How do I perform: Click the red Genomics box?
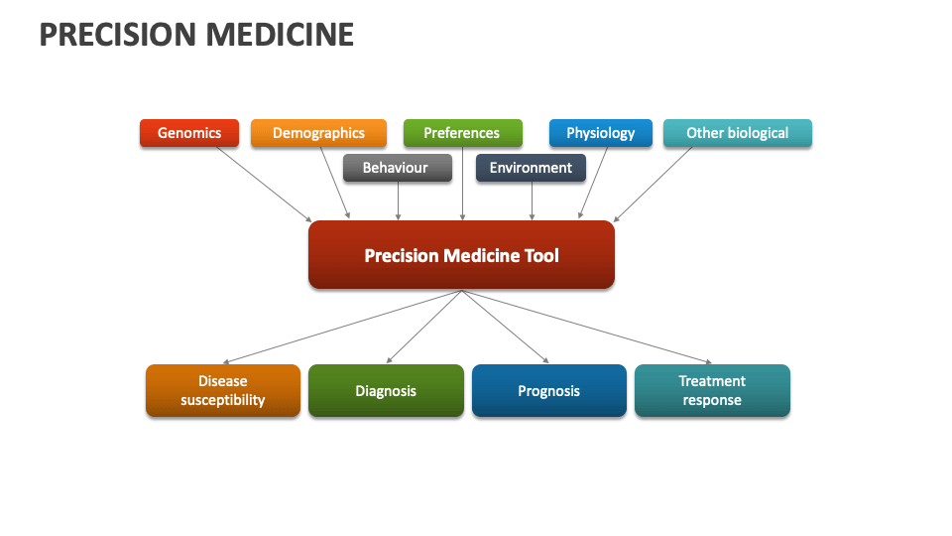[x=189, y=133]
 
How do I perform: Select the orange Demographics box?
[x=318, y=133]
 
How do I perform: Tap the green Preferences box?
[x=462, y=133]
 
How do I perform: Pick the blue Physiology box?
[x=600, y=133]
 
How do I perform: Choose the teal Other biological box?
[x=737, y=133]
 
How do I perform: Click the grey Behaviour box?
[x=396, y=168]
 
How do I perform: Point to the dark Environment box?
[x=531, y=168]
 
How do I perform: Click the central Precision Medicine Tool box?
[x=461, y=255]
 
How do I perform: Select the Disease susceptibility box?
[x=223, y=390]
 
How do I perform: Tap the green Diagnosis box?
[x=386, y=390]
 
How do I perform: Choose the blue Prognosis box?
[x=548, y=390]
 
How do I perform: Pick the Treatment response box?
[x=712, y=390]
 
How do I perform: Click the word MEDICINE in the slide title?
[x=280, y=35]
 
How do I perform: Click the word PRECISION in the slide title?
[x=117, y=35]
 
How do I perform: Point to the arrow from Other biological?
[x=654, y=184]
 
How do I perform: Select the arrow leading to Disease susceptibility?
[x=342, y=327]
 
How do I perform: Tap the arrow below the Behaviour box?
[x=398, y=201]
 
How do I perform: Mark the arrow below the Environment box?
[x=533, y=201]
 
